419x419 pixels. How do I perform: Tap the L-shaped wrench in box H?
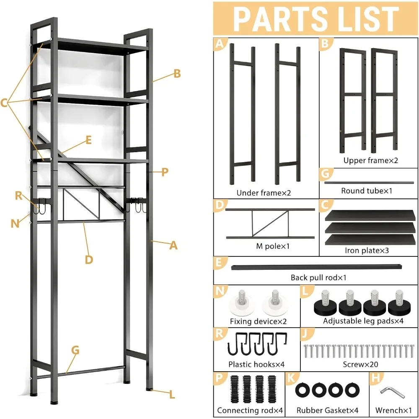click(393, 392)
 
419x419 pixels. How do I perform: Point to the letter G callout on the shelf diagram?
click(75, 350)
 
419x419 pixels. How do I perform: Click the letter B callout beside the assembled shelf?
click(177, 74)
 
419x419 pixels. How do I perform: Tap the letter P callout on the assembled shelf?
click(165, 172)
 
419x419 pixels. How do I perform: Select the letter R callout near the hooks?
click(19, 195)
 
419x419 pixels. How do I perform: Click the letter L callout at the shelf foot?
click(172, 394)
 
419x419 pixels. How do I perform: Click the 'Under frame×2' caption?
click(264, 193)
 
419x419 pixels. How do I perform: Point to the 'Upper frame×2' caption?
click(370, 160)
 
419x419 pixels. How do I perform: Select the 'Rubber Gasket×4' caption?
click(327, 410)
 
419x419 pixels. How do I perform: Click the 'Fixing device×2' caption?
click(256, 321)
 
